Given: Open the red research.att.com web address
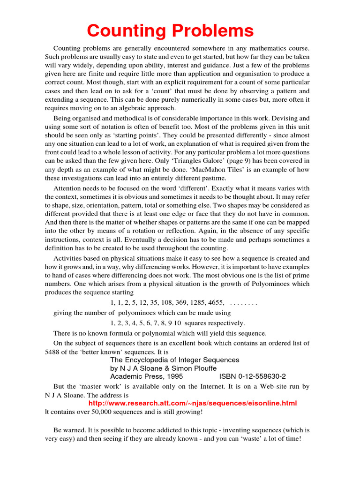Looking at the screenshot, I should pyautogui.click(x=192, y=403).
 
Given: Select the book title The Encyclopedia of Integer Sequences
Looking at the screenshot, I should pyautogui.click(x=174, y=360).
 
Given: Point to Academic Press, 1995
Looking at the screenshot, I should pyautogui.click(x=146, y=376).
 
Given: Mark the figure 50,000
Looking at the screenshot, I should pyautogui.click(x=103, y=412).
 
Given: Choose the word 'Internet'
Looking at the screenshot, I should pyautogui.click(x=203, y=387).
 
